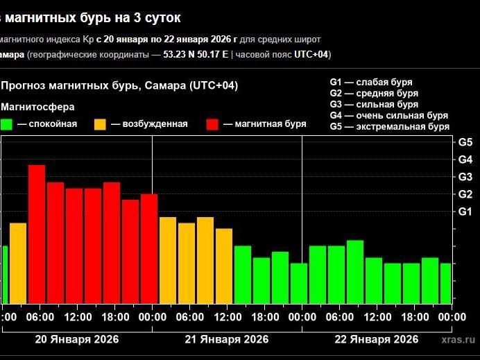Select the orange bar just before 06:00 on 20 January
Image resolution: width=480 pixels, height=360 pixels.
click(x=18, y=263)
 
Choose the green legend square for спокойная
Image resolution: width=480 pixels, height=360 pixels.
click(x=7, y=124)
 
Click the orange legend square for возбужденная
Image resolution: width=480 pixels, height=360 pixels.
click(x=101, y=124)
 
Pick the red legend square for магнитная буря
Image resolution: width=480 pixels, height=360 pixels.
click(x=213, y=124)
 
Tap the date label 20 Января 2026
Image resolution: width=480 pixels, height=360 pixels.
click(x=76, y=339)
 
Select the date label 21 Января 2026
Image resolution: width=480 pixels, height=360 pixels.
click(x=226, y=339)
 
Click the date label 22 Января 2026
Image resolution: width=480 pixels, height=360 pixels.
click(x=376, y=339)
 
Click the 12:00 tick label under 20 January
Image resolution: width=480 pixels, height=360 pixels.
click(x=78, y=317)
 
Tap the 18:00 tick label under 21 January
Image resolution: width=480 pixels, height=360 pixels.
click(x=265, y=317)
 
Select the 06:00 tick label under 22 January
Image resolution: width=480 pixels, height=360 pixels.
click(x=340, y=317)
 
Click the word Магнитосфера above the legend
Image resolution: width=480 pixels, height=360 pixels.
click(x=38, y=107)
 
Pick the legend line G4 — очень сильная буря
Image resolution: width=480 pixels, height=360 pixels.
click(x=388, y=115)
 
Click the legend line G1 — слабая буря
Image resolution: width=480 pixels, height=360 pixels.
click(x=372, y=82)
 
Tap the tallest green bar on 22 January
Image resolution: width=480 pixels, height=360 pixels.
click(x=355, y=272)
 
